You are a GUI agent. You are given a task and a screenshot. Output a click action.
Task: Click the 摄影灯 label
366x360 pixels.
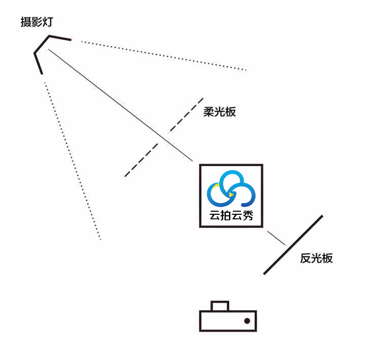coord(37,22)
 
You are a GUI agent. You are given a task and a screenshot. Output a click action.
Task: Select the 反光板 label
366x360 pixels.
coord(316,258)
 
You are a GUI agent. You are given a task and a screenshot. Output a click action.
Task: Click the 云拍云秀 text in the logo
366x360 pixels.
coord(231,215)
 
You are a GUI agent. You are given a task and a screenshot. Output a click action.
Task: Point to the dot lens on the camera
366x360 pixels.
coord(247,321)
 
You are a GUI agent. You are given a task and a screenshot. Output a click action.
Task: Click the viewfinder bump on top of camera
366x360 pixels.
coord(220,305)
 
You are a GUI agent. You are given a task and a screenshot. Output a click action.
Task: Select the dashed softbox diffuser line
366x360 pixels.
coord(164,137)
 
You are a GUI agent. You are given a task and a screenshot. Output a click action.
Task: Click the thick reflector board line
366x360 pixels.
coord(293,245)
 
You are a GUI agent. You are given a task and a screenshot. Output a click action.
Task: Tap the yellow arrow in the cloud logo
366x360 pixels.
coord(231,194)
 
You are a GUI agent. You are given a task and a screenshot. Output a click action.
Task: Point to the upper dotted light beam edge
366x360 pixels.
coord(163,55)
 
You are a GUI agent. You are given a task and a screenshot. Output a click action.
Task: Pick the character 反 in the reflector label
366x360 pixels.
coord(305,258)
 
